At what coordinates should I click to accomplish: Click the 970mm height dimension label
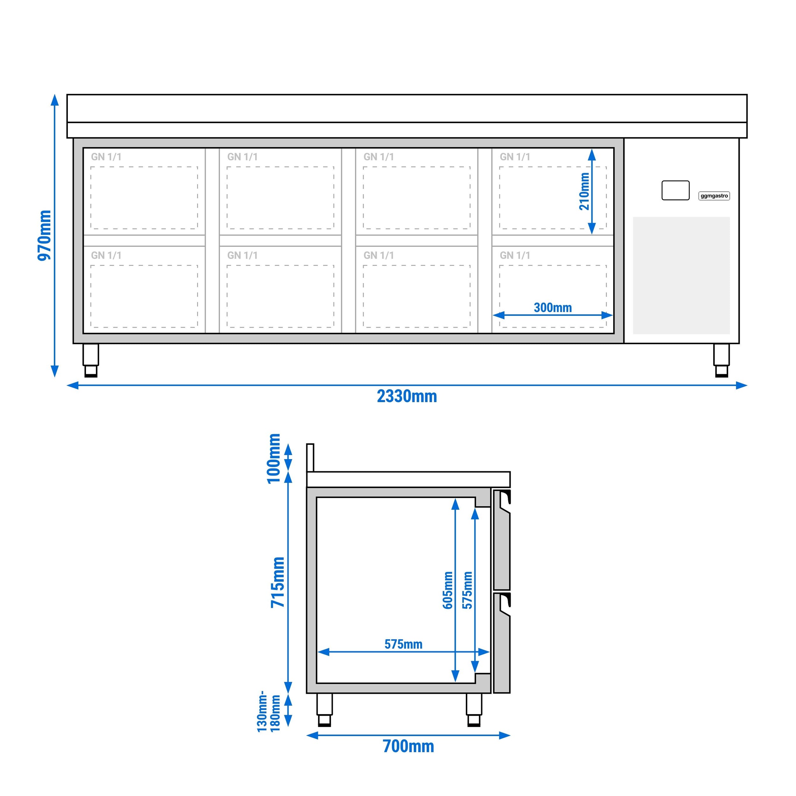(x=45, y=235)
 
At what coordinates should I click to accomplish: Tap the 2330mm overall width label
(x=407, y=396)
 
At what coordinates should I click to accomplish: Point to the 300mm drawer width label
(x=552, y=308)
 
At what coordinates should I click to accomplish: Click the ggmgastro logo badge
(x=714, y=196)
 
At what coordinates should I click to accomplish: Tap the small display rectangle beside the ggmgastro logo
(x=675, y=190)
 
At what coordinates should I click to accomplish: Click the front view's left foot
(x=91, y=360)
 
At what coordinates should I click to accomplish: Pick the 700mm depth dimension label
(x=408, y=746)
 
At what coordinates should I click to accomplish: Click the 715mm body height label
(x=278, y=582)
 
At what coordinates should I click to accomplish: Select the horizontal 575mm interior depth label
(x=403, y=644)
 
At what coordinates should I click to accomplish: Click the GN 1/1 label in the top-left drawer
(x=106, y=157)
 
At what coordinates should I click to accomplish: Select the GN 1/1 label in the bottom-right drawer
(x=515, y=255)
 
